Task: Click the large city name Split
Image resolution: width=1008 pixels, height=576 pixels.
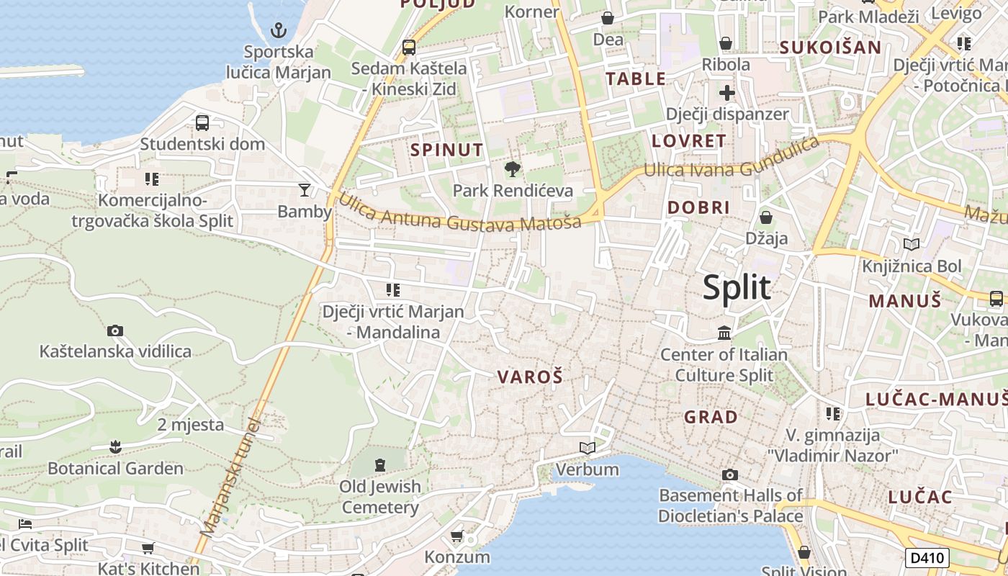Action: coord(737,287)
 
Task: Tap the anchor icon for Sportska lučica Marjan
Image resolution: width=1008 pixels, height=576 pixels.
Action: coord(278,30)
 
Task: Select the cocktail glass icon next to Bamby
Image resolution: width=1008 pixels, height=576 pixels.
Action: coord(305,190)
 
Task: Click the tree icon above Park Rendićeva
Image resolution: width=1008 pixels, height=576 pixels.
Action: coord(513,169)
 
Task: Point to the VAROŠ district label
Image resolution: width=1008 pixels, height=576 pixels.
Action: coord(530,377)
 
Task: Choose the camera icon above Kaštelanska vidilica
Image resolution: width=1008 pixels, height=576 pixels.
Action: coord(115,331)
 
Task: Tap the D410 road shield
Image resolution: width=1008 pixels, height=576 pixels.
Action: coord(927,557)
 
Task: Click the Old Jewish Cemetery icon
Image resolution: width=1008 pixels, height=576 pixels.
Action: coord(379,464)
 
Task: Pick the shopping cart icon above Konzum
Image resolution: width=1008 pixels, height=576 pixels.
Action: coord(456,536)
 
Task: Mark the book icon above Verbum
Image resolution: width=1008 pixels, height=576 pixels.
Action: coord(588,449)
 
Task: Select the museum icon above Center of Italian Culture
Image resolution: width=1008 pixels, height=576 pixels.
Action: coord(724,333)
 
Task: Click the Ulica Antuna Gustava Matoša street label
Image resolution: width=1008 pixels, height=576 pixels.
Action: coord(459,213)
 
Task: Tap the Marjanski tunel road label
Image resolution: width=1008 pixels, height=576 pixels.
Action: coord(230,476)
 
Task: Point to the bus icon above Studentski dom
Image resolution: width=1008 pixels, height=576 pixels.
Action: coord(202,122)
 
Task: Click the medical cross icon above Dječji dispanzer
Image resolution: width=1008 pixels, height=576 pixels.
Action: coord(727,93)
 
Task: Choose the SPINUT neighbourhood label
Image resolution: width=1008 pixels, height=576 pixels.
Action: coord(447,150)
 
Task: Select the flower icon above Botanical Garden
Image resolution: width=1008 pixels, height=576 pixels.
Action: coord(115,447)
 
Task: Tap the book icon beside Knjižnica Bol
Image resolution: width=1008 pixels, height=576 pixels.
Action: coord(912,245)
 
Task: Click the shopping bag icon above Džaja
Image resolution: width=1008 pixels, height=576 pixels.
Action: coord(766,217)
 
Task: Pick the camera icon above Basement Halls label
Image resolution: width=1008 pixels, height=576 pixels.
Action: coord(730,474)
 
